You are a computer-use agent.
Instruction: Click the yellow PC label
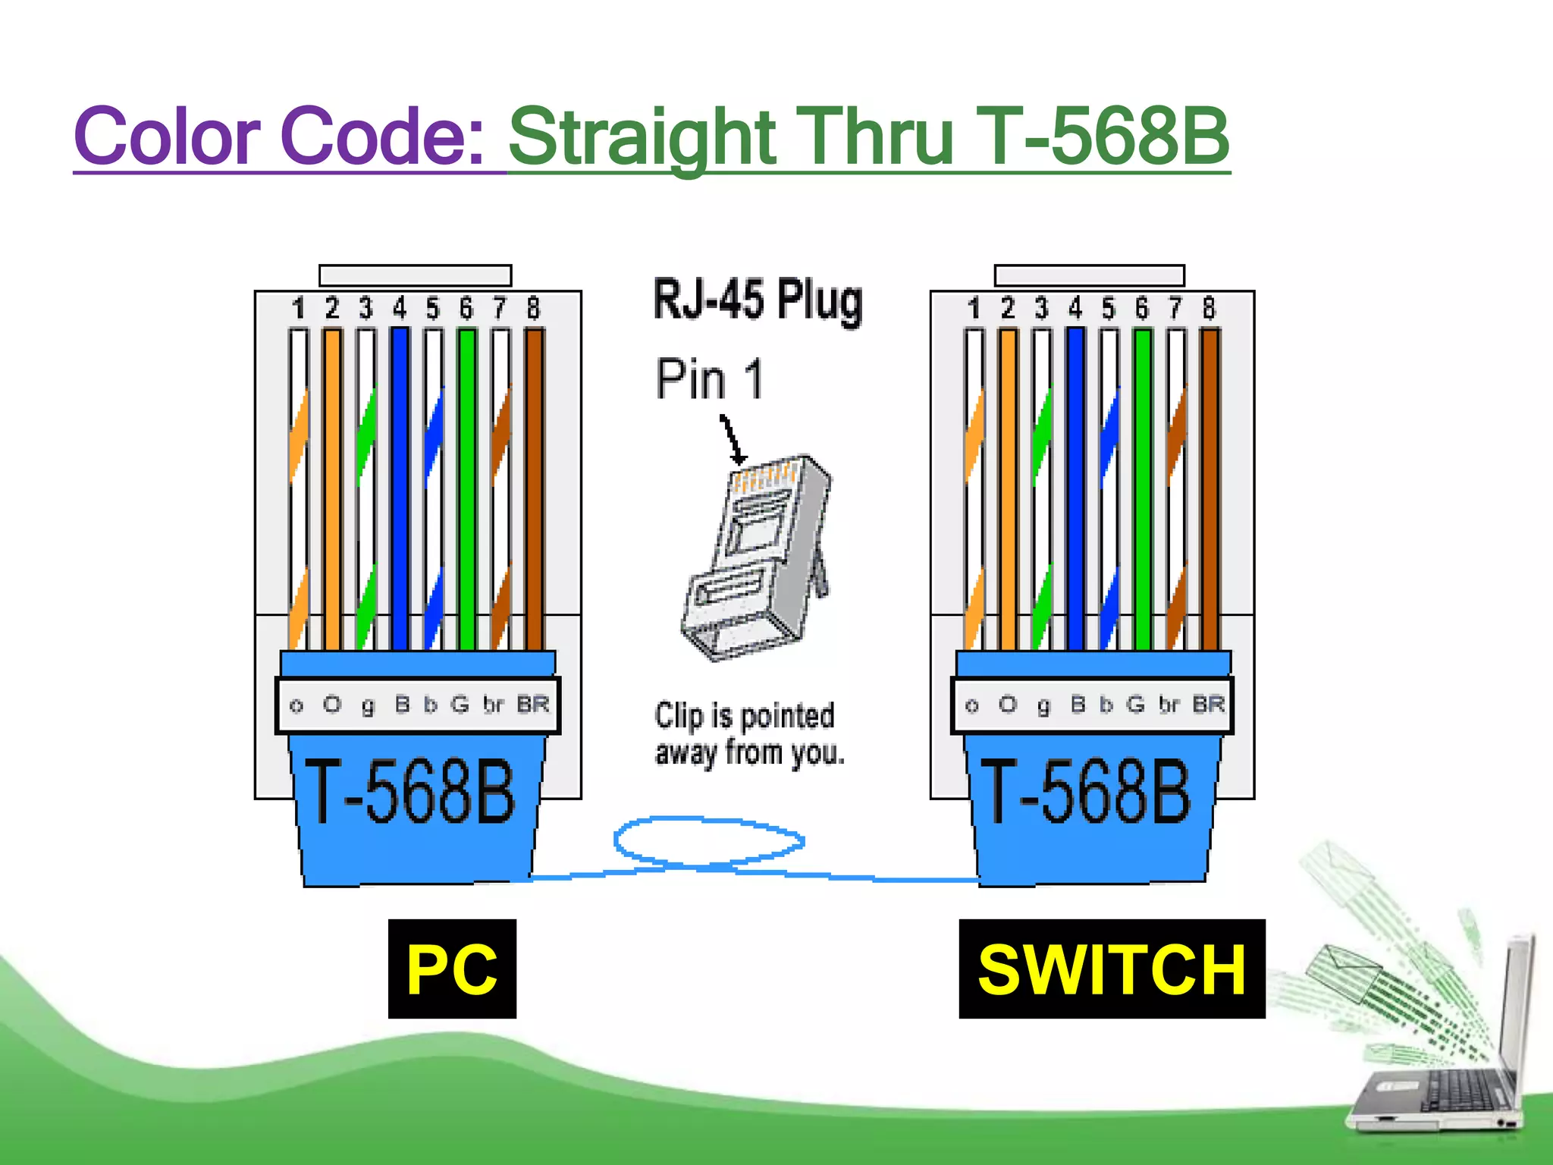point(452,969)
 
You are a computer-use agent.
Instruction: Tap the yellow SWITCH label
point(1112,969)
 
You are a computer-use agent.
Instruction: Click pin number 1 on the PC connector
point(298,309)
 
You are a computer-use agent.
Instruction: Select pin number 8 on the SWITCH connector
point(1209,309)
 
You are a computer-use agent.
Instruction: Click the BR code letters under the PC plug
point(533,705)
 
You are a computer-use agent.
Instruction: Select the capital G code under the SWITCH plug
point(1135,705)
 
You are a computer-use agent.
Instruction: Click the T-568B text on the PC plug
point(409,792)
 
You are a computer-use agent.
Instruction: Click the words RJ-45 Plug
point(758,300)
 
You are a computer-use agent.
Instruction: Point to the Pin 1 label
point(709,379)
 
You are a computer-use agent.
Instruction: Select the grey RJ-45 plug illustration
point(758,557)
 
